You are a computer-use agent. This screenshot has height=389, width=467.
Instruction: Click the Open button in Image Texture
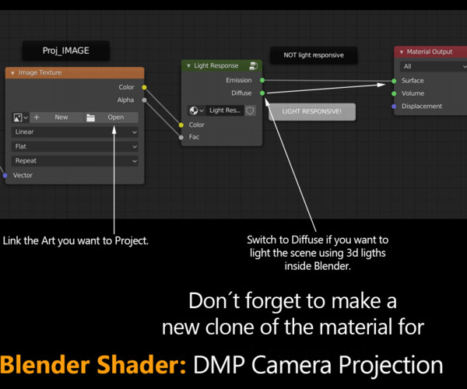111,117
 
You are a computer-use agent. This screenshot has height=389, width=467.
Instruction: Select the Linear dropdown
75,131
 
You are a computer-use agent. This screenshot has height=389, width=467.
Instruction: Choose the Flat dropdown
75,146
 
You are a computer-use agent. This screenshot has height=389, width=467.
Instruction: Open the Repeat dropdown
75,161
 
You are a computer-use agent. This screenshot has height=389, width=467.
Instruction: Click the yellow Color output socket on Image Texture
144,87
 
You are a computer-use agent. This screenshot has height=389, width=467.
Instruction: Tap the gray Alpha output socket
144,100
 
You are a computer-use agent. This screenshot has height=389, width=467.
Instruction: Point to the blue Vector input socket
5,176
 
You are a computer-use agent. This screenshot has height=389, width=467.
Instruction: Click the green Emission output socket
262,80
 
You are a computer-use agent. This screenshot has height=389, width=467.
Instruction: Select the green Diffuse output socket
262,93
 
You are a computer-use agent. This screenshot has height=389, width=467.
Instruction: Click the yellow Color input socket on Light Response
181,125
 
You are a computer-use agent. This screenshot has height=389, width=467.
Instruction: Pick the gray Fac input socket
181,137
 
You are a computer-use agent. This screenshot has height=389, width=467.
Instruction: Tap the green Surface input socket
394,81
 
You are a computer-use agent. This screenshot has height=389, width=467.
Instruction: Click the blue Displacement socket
394,107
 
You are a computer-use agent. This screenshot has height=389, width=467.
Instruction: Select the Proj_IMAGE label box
66,51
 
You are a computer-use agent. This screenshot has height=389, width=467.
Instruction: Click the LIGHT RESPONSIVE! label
312,111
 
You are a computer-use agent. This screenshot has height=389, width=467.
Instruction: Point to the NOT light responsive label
314,55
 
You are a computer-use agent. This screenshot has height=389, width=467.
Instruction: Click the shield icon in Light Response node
250,110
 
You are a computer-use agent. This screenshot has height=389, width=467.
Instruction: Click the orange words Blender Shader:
93,365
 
